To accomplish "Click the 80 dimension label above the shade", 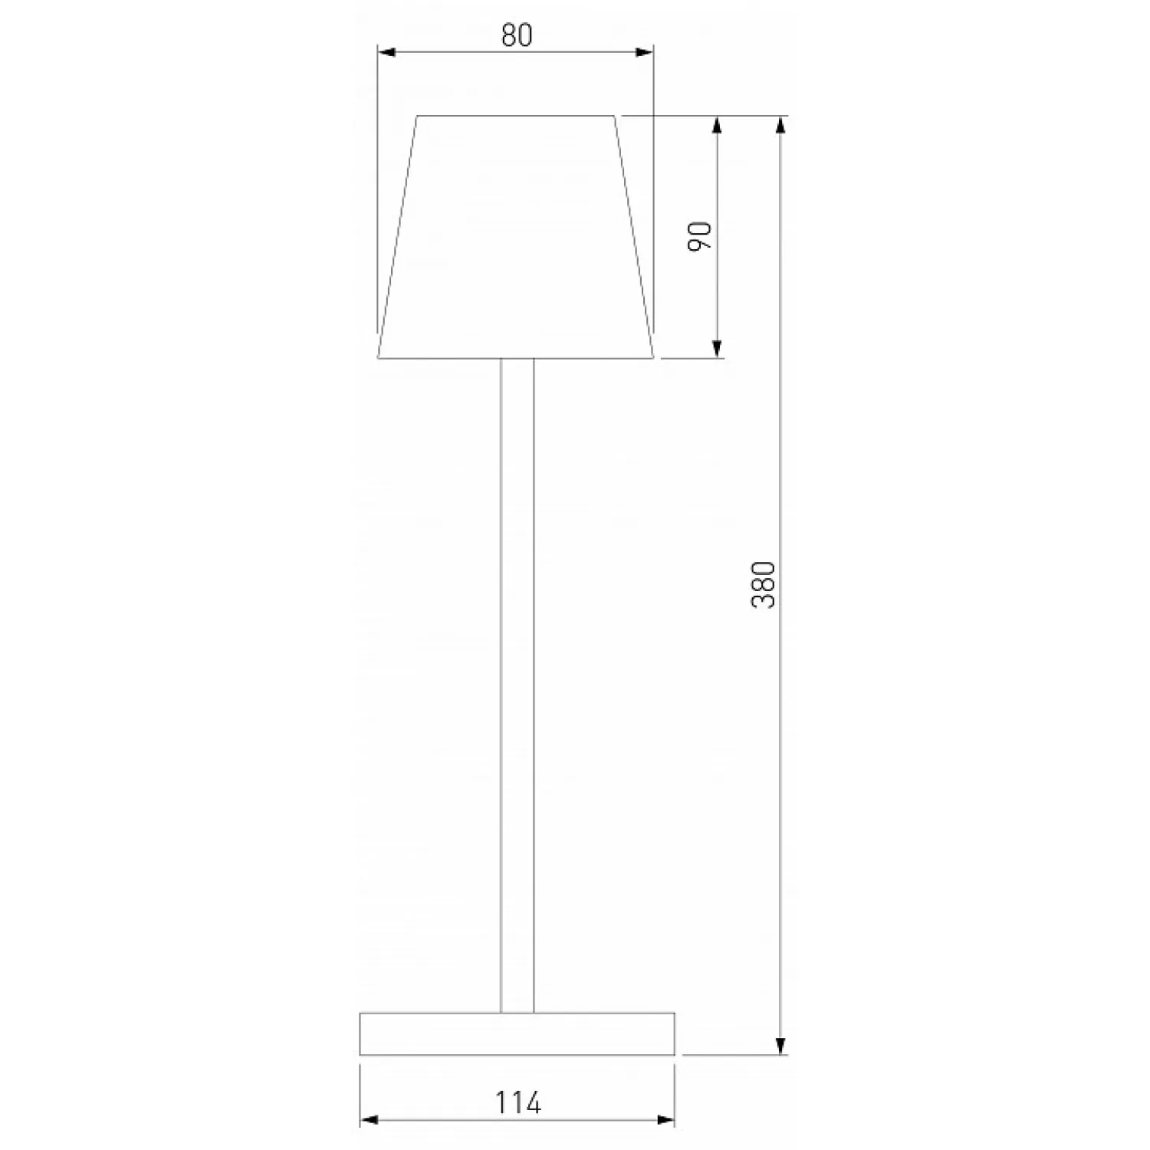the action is point(517,35).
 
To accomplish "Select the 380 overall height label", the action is point(764,585).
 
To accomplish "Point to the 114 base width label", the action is point(517,1102).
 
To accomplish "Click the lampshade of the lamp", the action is point(516,237).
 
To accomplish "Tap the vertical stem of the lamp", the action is point(517,685).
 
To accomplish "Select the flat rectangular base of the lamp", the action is point(517,1033).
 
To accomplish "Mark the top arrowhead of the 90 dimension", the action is point(717,125).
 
